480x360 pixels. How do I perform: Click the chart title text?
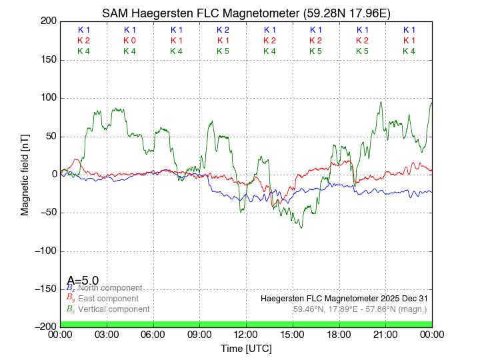246,13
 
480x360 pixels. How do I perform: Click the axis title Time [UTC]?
246,349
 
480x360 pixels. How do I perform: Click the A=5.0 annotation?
83,281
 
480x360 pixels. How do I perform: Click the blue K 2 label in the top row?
223,30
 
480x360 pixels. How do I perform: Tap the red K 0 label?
129,41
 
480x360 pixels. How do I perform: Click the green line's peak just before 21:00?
380,103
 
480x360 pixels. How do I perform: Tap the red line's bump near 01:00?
77,160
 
